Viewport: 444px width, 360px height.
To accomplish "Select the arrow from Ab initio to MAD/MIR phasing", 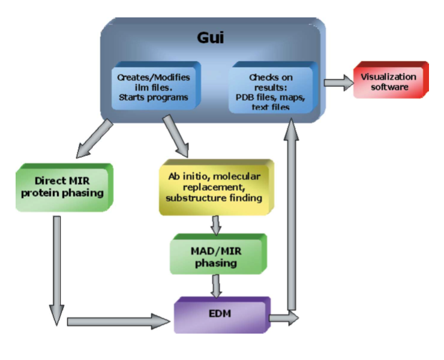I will coord(216,225).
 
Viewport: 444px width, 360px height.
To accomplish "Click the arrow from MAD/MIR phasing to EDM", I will coord(216,286).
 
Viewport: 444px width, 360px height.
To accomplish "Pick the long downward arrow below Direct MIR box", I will coord(56,270).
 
